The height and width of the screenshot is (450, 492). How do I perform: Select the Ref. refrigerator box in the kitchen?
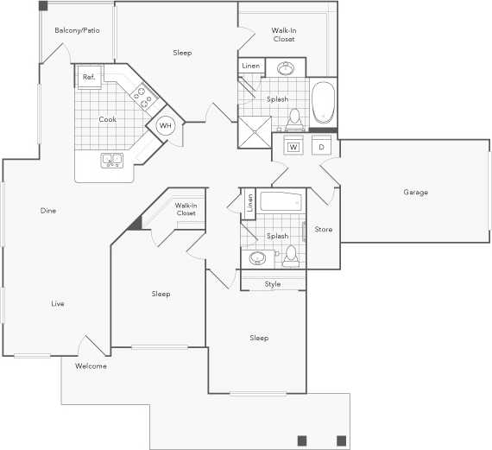click(x=88, y=77)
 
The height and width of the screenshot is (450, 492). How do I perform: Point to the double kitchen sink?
click(x=111, y=159)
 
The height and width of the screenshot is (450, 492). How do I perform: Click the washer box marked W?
click(x=293, y=147)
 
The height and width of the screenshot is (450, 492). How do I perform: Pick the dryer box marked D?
click(x=321, y=147)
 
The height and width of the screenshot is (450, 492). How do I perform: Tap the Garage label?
click(x=415, y=193)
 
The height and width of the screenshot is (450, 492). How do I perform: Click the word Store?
click(x=323, y=229)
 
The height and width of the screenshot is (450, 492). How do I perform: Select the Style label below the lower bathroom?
click(x=273, y=284)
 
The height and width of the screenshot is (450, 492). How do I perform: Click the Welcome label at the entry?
click(x=91, y=366)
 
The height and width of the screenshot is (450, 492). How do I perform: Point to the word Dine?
click(x=48, y=210)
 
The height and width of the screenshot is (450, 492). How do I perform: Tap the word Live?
click(x=58, y=303)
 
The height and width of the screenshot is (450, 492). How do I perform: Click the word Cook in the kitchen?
click(x=107, y=119)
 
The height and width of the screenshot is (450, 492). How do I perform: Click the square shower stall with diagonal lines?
click(x=255, y=132)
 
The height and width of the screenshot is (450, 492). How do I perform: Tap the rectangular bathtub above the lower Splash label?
click(x=281, y=204)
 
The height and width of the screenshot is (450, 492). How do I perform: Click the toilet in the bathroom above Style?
click(x=291, y=255)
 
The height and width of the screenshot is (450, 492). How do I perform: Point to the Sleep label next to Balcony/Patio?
click(x=182, y=53)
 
